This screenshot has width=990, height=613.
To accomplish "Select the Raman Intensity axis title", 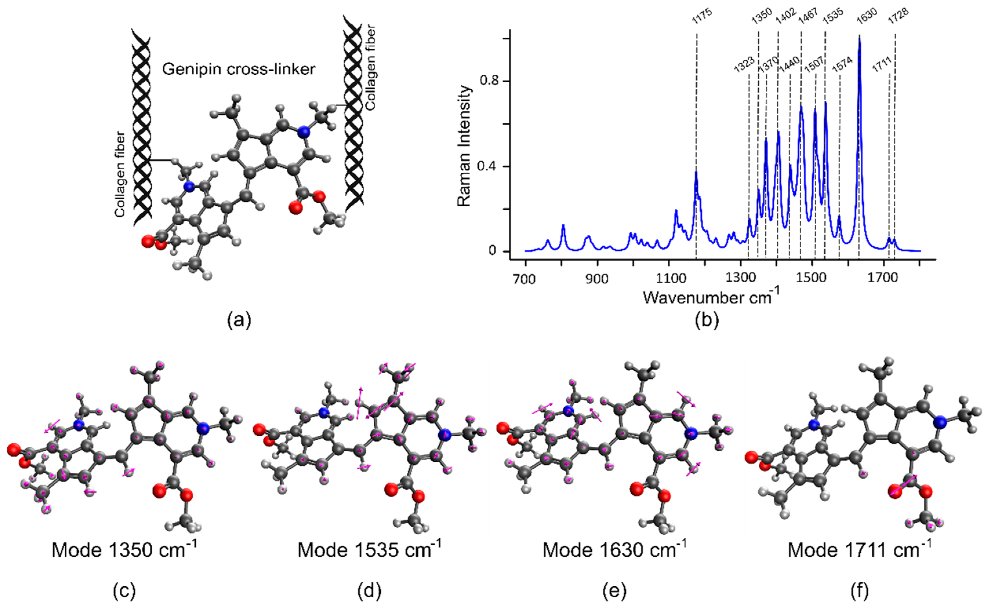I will point(465,146).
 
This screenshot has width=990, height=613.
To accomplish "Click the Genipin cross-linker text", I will point(239,69).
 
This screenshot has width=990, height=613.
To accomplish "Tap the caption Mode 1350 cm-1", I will point(124,550).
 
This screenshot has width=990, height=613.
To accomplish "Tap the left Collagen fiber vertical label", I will point(120,174).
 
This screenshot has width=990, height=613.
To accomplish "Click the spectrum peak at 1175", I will point(696,172).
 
